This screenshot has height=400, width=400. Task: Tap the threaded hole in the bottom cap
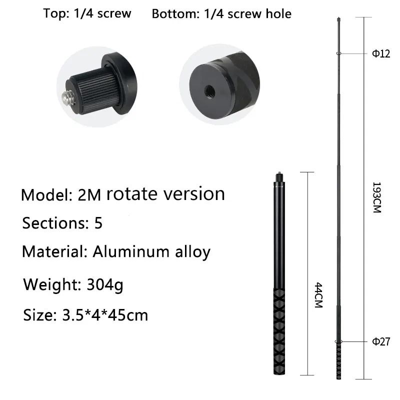[210, 91]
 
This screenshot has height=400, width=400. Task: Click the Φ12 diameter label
[381, 53]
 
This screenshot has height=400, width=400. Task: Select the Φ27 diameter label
[381, 341]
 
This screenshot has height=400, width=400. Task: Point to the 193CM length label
[377, 197]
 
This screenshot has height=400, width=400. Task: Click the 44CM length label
[318, 295]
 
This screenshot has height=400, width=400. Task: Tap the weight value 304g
[105, 284]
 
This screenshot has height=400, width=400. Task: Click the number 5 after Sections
[98, 222]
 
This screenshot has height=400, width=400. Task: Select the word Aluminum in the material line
[131, 251]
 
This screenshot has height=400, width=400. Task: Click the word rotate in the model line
[131, 194]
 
